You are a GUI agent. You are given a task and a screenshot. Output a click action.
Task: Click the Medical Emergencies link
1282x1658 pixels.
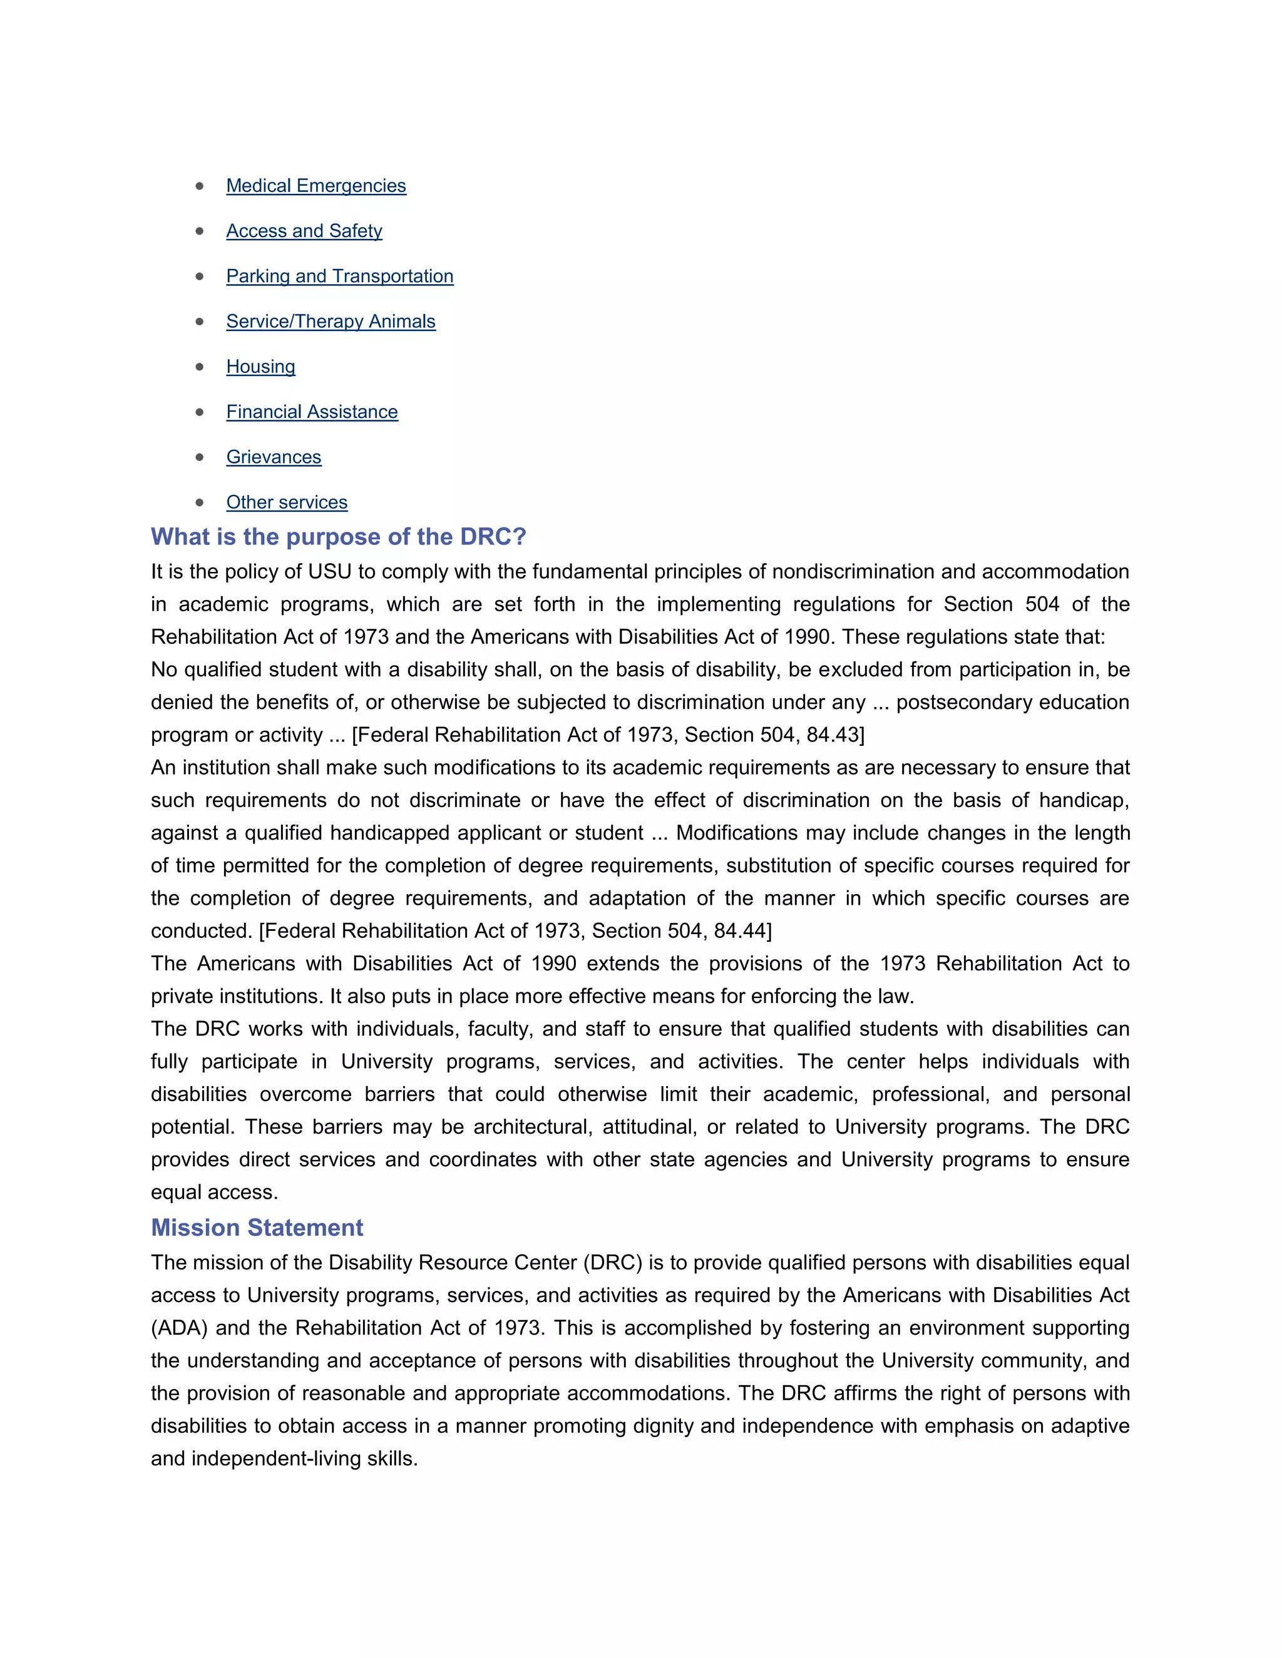316,186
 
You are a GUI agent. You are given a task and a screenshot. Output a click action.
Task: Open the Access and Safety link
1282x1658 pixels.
304,231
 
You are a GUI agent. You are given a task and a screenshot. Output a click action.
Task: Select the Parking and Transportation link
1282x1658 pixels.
339,277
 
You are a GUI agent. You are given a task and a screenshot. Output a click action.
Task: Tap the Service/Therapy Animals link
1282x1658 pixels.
331,321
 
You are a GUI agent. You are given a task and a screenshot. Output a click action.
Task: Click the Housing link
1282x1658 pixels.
260,367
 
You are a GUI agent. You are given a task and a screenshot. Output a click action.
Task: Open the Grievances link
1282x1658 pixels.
274,457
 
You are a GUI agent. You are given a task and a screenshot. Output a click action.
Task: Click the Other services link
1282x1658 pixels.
286,502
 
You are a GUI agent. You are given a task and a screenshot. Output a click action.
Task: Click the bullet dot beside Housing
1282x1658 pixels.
200,367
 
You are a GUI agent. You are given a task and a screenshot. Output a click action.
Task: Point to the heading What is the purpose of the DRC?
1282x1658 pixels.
338,537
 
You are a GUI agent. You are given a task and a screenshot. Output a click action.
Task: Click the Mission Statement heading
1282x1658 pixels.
257,1228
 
